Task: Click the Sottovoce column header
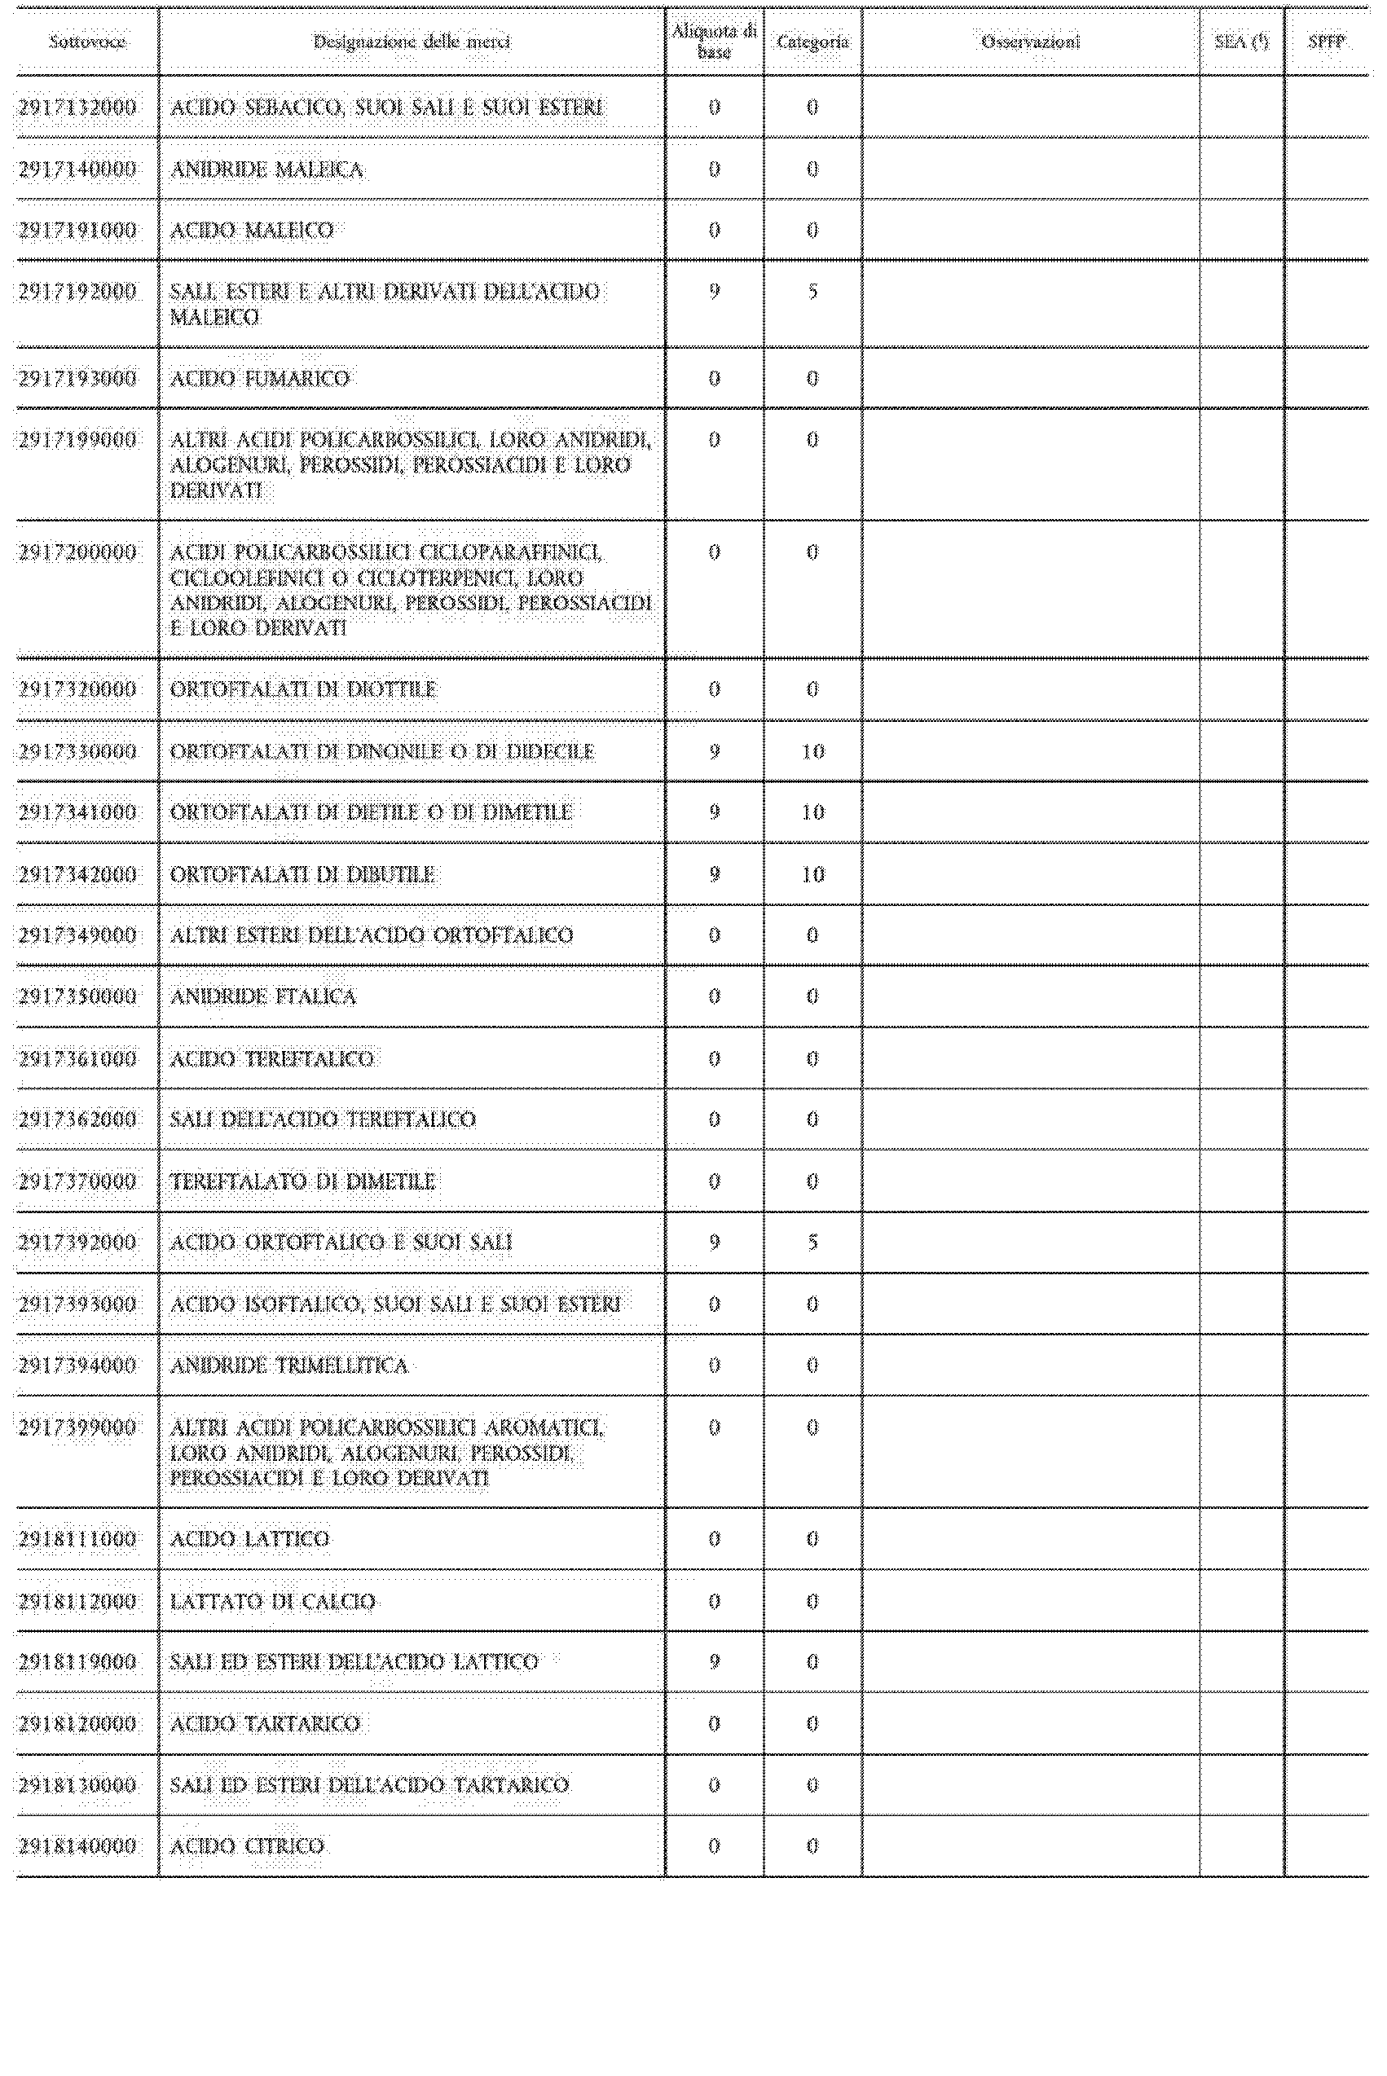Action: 86,42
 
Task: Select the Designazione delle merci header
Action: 412,42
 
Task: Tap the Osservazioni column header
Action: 1031,42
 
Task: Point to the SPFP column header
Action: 1326,42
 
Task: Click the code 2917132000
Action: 78,108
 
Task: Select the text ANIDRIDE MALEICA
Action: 266,169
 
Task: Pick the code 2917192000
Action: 78,292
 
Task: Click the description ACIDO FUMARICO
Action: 260,380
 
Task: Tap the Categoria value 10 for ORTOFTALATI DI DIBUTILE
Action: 812,874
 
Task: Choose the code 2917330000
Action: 78,751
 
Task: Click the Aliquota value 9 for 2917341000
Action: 715,812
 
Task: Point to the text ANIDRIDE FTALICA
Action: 262,997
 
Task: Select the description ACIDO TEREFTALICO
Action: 271,1059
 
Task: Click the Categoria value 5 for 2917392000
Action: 812,1243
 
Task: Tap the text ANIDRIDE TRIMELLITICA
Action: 289,1366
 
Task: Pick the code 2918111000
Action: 78,1539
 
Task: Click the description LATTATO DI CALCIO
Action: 273,1601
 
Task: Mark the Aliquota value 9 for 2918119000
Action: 715,1662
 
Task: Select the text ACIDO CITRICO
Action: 248,1846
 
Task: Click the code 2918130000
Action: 78,1785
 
